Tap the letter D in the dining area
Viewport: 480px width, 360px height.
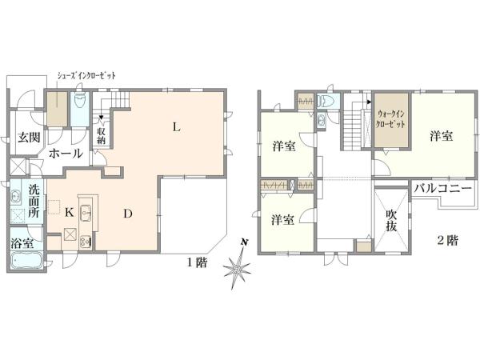128,213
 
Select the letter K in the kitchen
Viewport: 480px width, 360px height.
69,213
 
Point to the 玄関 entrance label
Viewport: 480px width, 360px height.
30,137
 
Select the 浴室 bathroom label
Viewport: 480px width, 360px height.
22,242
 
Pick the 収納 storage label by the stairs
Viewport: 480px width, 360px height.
102,137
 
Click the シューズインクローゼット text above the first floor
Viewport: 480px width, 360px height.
86,75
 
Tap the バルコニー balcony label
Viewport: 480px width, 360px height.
443,189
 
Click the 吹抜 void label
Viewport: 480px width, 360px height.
391,221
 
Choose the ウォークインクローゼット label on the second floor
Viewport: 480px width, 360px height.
391,125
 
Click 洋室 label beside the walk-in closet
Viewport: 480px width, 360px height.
439,136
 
